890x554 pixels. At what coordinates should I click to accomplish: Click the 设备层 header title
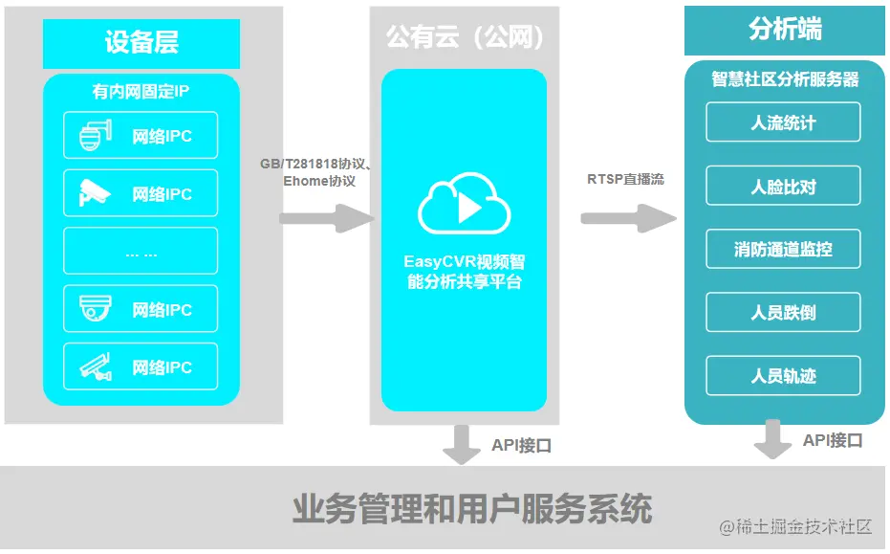(141, 43)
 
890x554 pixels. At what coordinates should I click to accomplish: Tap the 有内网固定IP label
(141, 92)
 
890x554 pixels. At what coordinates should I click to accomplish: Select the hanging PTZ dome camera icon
(95, 136)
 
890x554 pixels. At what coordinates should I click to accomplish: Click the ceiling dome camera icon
(95, 309)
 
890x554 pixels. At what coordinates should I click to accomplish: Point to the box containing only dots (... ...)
(141, 252)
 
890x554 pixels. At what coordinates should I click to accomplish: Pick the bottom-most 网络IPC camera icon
(95, 366)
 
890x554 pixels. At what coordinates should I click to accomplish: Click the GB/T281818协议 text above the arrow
(315, 164)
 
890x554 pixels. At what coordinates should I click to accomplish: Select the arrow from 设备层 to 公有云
(326, 218)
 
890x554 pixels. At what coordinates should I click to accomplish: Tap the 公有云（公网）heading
(465, 37)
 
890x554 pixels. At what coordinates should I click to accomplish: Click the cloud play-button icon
(465, 205)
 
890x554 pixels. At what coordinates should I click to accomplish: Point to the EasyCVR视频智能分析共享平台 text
(465, 271)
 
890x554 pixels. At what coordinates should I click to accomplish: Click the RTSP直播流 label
(626, 179)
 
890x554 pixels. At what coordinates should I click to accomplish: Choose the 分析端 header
(784, 30)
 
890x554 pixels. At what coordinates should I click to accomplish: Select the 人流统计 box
(783, 122)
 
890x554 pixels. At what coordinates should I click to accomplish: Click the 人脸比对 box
(783, 186)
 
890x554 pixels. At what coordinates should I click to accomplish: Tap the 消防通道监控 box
(783, 249)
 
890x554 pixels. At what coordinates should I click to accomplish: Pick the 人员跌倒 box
(783, 313)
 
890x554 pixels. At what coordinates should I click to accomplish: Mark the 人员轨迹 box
(783, 376)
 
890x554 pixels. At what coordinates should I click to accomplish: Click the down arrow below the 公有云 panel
(464, 444)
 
